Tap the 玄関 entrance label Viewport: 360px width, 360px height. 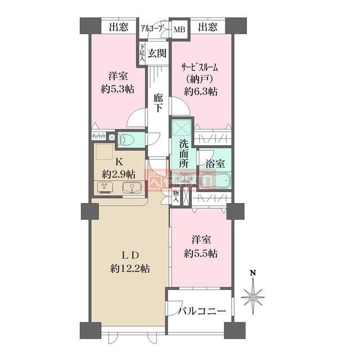pyautogui.click(x=158, y=54)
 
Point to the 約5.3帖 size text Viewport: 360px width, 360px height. pyautogui.click(x=118, y=89)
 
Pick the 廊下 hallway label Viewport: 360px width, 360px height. pyautogui.click(x=159, y=104)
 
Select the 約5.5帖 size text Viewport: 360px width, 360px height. pyautogui.click(x=200, y=253)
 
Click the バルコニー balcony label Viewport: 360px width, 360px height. pyautogui.click(x=202, y=311)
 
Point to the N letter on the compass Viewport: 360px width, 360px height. pyautogui.click(x=254, y=273)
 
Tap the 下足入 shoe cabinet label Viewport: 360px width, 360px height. pyautogui.click(x=143, y=54)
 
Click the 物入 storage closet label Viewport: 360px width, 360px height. pyautogui.click(x=176, y=196)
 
